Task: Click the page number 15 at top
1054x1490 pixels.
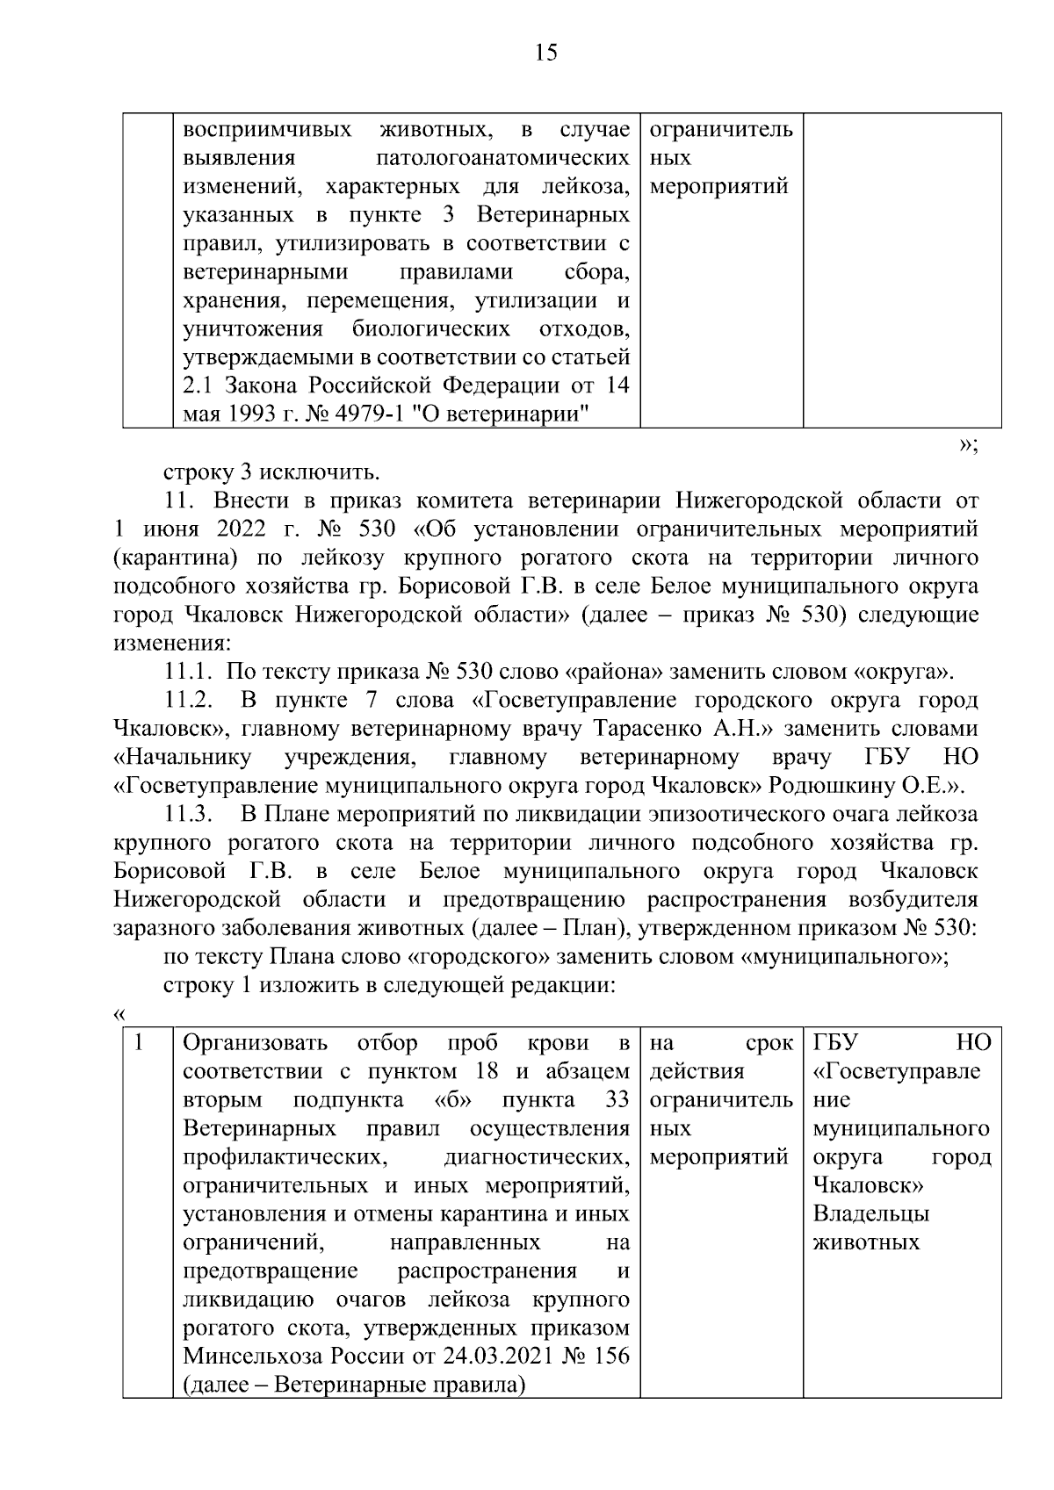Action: click(545, 54)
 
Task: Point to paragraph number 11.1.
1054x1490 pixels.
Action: click(189, 673)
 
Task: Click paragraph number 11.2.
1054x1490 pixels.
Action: click(189, 701)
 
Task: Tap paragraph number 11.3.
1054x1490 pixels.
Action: click(189, 815)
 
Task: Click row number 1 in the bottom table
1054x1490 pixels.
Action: click(138, 1043)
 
